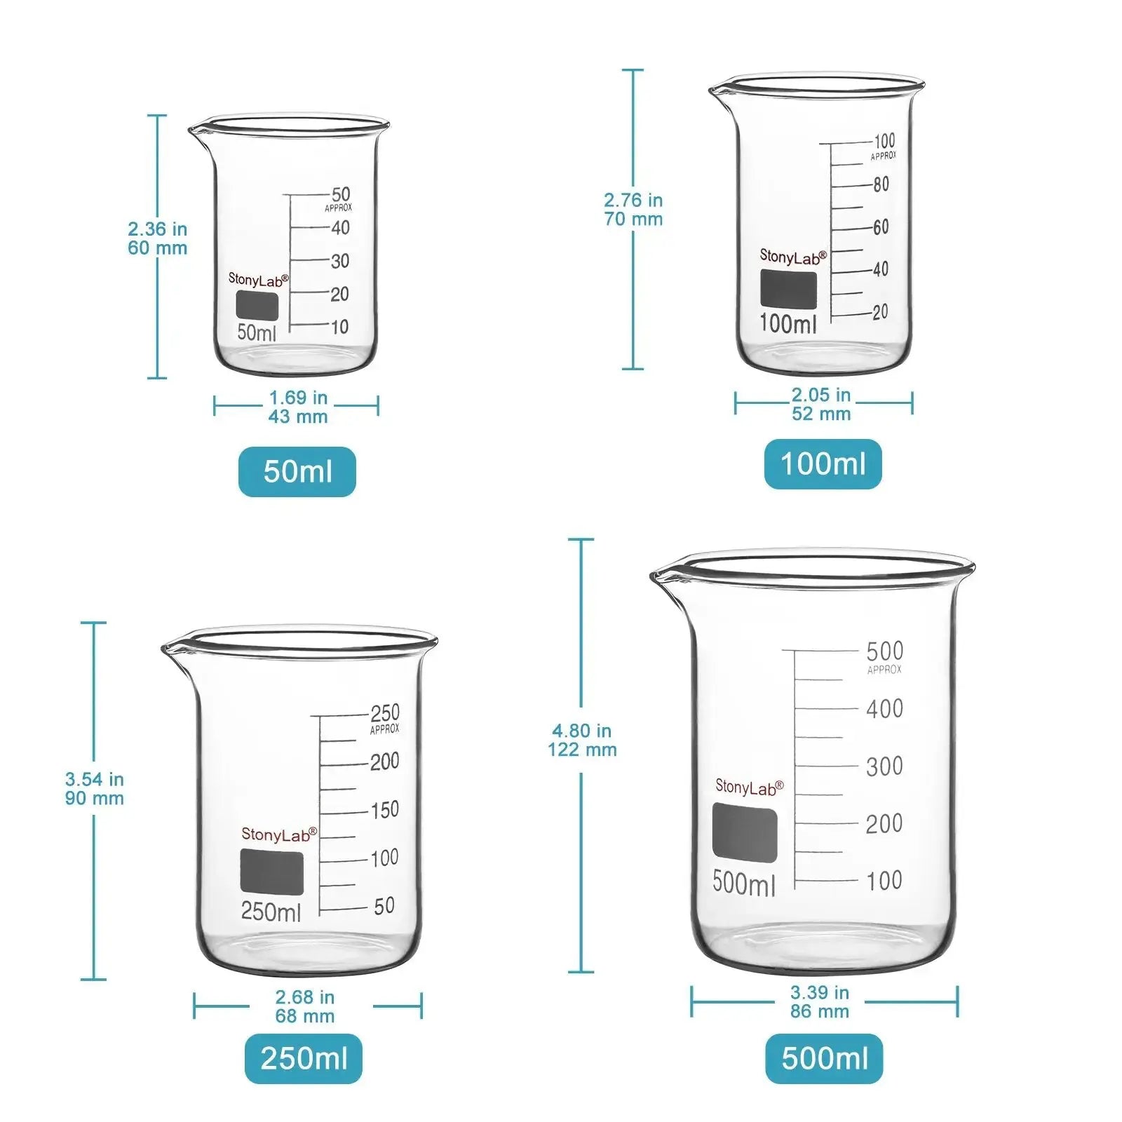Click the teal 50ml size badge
point(297,471)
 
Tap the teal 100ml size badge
point(823,464)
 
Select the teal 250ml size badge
point(304,1058)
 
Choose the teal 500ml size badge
point(824,1058)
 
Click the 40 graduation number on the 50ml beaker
point(340,228)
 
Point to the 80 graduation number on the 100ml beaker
point(881,184)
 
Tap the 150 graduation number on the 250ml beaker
point(384,810)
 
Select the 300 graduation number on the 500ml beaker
point(884,766)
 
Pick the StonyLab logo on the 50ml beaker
point(258,280)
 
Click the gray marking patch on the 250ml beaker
point(272,872)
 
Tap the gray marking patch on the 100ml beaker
point(789,288)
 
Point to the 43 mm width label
point(298,417)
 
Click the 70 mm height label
point(633,219)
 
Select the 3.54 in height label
point(95,779)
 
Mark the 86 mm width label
point(820,1011)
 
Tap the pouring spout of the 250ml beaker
point(168,648)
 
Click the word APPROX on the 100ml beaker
point(883,156)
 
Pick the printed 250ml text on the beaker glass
point(271,912)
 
